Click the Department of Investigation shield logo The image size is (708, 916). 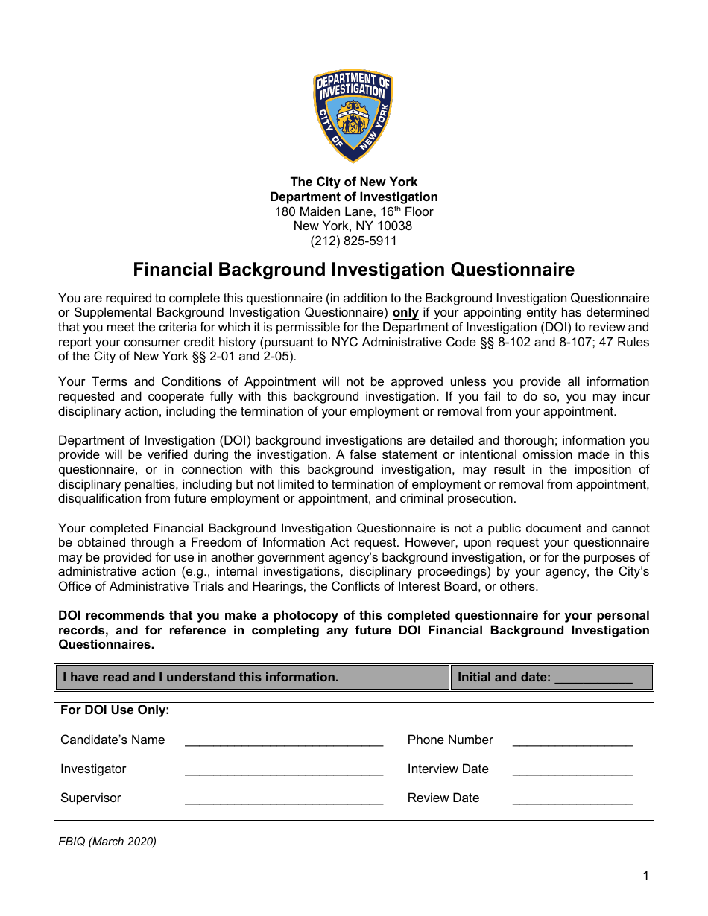(x=353, y=116)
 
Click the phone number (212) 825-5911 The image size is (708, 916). (x=353, y=241)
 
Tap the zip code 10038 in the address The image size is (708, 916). (x=394, y=226)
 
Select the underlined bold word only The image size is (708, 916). (x=405, y=313)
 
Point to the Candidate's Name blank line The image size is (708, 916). (x=283, y=741)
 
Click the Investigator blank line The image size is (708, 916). (x=283, y=770)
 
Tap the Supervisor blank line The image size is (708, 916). (x=283, y=799)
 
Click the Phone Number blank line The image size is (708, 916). (x=572, y=741)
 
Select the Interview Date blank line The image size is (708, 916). (x=572, y=770)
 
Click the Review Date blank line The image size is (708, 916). (x=572, y=799)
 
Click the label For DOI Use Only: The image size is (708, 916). (x=115, y=710)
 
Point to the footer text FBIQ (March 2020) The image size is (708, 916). (x=107, y=842)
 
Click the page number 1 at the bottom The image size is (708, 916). (x=645, y=876)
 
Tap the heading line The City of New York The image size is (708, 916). (x=353, y=182)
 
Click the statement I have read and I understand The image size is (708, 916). (x=200, y=678)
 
